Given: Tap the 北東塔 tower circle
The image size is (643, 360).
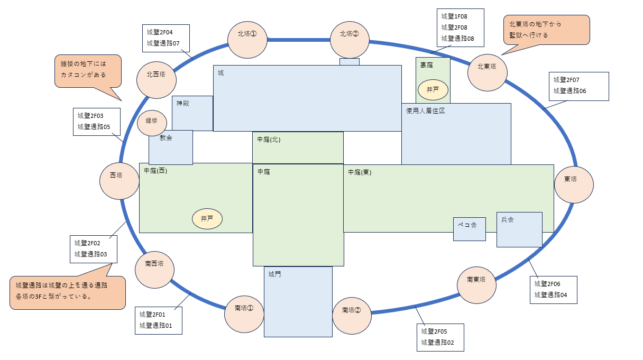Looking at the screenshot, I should pyautogui.click(x=488, y=72).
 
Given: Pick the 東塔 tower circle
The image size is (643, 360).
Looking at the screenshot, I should pyautogui.click(x=574, y=184).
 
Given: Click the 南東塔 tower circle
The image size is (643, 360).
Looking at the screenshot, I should pyautogui.click(x=477, y=284).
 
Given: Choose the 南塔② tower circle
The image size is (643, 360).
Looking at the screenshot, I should pyautogui.click(x=352, y=316).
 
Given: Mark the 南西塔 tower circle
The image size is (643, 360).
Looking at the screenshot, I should pyautogui.click(x=154, y=269).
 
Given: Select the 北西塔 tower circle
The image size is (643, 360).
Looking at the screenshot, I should pyautogui.click(x=157, y=80).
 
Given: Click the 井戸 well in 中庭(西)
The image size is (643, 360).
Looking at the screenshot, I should pyautogui.click(x=207, y=218).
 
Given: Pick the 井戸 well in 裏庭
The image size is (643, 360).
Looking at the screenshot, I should pyautogui.click(x=433, y=90).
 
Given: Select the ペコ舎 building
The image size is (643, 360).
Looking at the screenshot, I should pyautogui.click(x=469, y=229).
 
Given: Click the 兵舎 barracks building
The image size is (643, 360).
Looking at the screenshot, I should pyautogui.click(x=519, y=229).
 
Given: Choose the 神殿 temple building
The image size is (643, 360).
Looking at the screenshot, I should pyautogui.click(x=192, y=113).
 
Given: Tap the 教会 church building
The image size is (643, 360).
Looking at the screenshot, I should pyautogui.click(x=170, y=147).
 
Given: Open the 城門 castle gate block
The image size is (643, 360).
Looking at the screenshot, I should pyautogui.click(x=298, y=301).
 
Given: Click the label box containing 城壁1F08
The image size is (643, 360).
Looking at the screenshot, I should pyautogui.click(x=460, y=27).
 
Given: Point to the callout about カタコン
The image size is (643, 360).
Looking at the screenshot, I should pyautogui.click(x=87, y=71).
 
